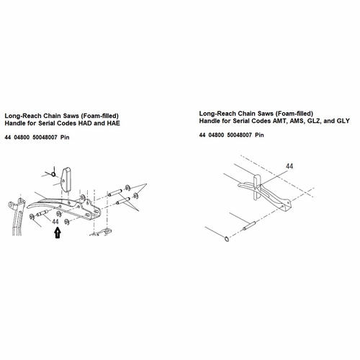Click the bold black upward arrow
58,233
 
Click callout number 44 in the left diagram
55,222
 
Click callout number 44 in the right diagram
289,166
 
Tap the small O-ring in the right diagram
227,239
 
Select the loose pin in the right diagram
250,226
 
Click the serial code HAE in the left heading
113,123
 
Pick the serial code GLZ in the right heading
315,121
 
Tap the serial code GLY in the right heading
343,121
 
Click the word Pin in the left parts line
65,138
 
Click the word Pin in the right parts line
259,135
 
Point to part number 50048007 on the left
45,138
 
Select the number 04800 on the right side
216,135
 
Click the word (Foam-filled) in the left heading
99,116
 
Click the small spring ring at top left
54,174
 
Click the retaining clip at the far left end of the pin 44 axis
32,217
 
